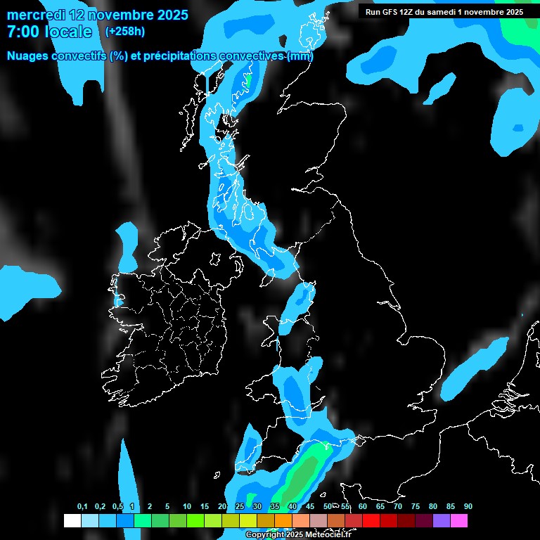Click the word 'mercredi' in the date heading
point(34,15)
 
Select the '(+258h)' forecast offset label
point(125,31)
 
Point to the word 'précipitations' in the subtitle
point(181,56)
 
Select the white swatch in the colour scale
point(72,521)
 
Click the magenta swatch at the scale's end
point(458,521)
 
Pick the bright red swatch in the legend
point(371,521)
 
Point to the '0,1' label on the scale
point(82,507)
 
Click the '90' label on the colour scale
point(468,507)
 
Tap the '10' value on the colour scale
point(187,507)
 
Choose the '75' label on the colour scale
point(416,507)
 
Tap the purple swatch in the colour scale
point(441,521)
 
